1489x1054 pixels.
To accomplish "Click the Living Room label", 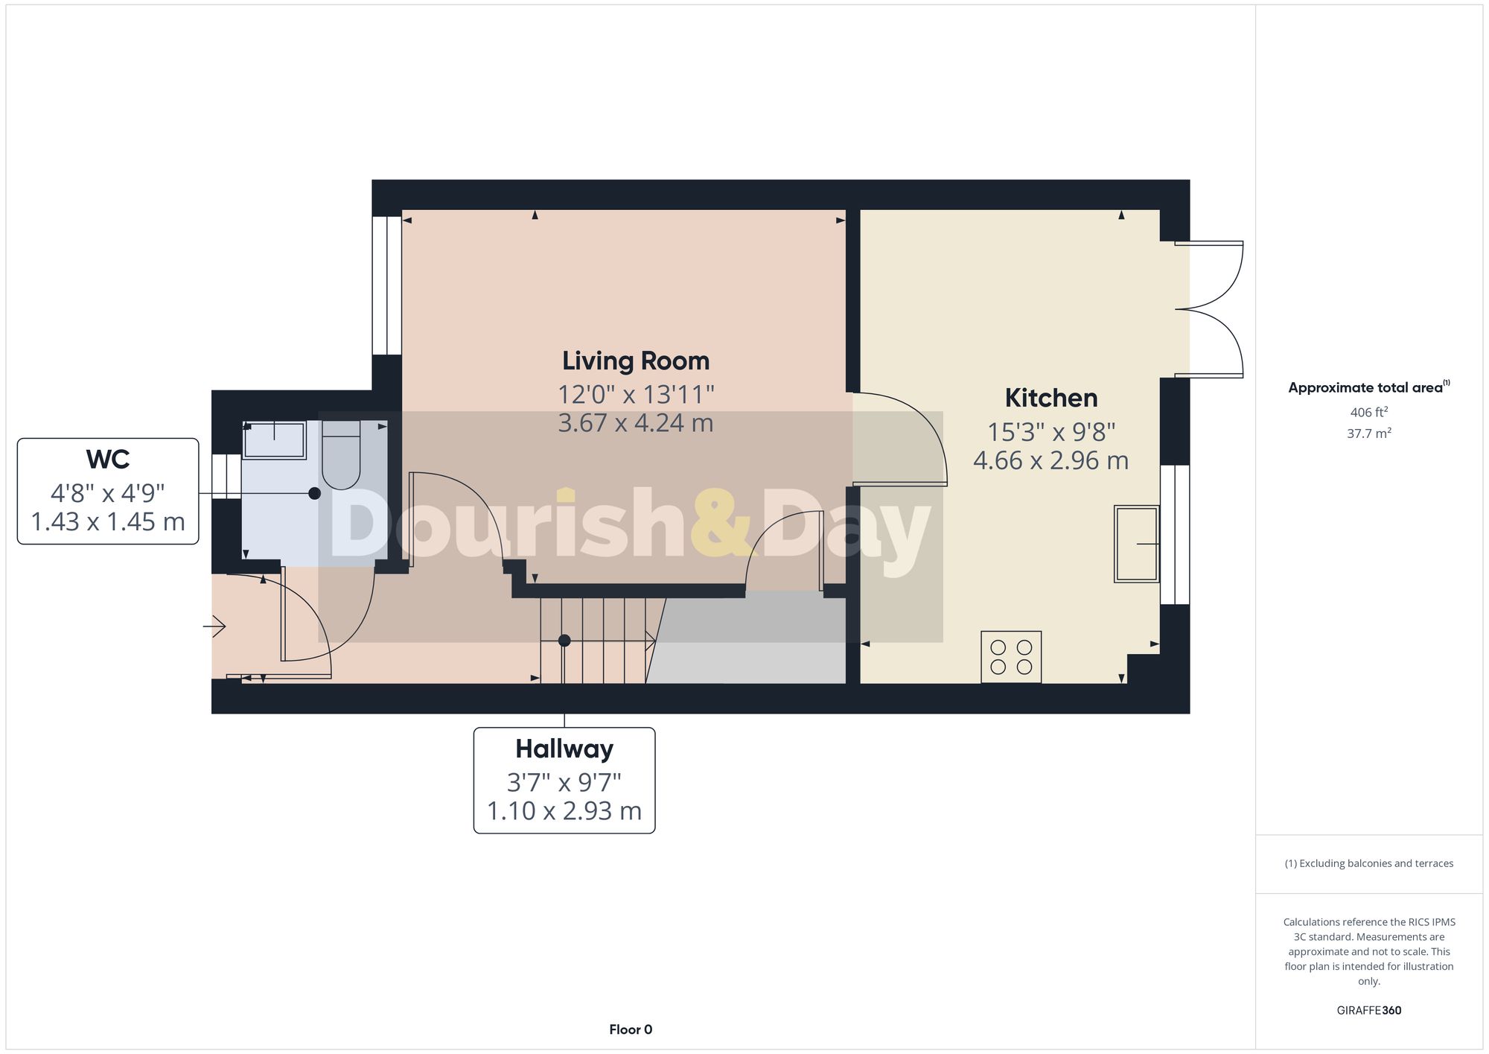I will tap(635, 361).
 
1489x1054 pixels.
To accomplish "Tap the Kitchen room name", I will tap(1050, 399).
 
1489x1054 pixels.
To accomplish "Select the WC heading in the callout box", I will tap(108, 460).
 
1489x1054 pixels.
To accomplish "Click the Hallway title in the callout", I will tap(564, 749).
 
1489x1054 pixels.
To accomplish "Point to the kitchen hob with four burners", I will tap(1011, 657).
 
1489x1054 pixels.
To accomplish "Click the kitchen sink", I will tap(1136, 544).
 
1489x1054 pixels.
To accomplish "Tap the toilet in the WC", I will tap(341, 454).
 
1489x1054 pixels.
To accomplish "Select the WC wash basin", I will tap(274, 440).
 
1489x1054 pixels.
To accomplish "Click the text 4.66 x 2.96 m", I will tap(1050, 460).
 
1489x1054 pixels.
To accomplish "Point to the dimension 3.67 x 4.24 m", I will tap(635, 423).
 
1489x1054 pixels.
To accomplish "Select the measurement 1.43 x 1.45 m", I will tap(108, 521).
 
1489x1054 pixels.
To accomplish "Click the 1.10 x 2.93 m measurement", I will tap(564, 810).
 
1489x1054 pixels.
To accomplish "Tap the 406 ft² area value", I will tap(1368, 412).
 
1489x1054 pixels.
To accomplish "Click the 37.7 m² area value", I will tap(1368, 434).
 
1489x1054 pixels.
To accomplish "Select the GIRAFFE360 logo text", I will tap(1368, 1011).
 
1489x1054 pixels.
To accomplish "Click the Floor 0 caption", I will tap(631, 1029).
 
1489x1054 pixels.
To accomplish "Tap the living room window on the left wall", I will tap(386, 285).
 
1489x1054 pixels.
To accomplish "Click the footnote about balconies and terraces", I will tap(1368, 863).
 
